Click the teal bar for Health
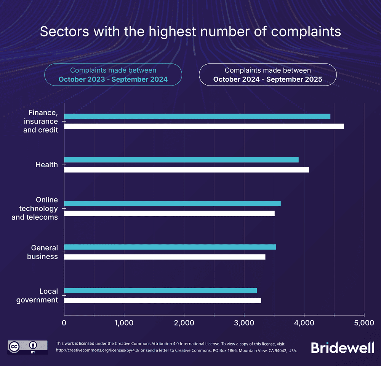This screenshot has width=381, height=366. tap(181, 160)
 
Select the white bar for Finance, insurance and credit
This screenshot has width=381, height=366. tap(204, 126)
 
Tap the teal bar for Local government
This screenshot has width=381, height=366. tap(160, 291)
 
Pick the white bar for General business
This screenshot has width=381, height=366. tap(165, 257)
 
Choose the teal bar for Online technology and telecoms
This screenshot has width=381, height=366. tap(172, 203)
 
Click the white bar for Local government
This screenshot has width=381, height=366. tap(162, 301)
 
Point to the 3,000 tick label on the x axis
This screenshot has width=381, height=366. tap(244, 323)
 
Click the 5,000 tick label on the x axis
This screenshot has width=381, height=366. tap(364, 323)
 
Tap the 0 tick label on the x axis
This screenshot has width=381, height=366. tap(64, 323)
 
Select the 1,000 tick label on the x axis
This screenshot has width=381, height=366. tap(124, 323)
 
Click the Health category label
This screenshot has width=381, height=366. tap(46, 165)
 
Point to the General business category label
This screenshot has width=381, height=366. tap(42, 252)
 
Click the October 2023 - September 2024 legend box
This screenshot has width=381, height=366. tap(113, 74)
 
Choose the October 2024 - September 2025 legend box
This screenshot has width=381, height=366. tap(267, 74)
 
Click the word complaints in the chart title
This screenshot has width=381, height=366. tap(306, 32)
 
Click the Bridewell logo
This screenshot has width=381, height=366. tap(343, 347)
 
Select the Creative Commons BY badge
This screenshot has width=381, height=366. tap(27, 347)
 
